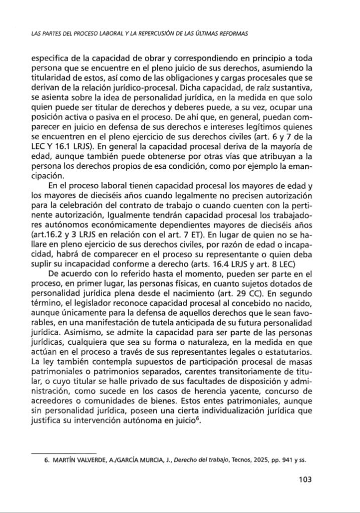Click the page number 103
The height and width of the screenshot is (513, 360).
point(305,479)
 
